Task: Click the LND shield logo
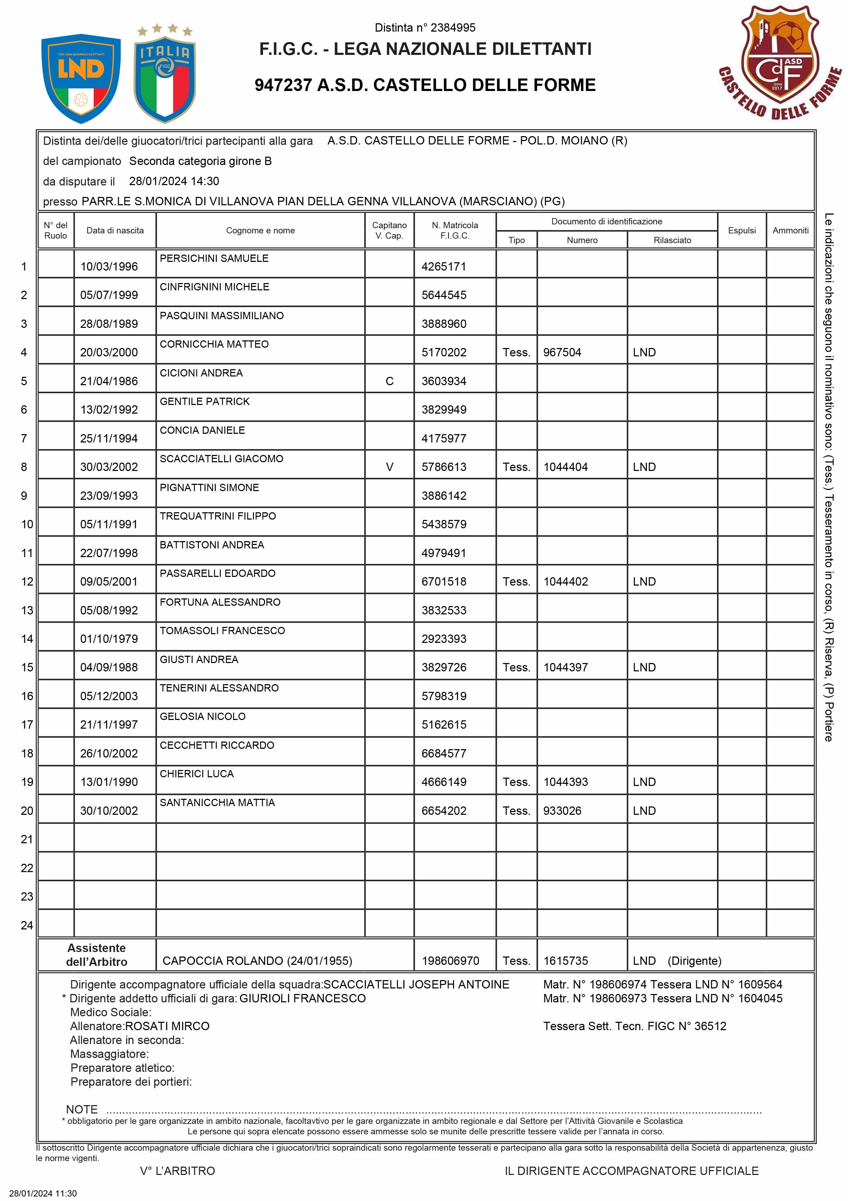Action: tap(81, 78)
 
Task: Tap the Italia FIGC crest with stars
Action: tap(165, 76)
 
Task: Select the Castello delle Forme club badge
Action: tap(780, 63)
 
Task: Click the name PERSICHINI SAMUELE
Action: tap(214, 258)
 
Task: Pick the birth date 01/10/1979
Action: tap(109, 639)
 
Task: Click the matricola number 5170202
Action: tap(444, 353)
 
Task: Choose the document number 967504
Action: tap(562, 353)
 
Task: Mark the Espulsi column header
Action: tap(741, 230)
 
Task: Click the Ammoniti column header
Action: tap(790, 230)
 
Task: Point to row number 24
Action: tap(27, 925)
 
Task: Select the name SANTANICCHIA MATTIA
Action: tap(217, 802)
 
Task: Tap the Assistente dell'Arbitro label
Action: tap(97, 955)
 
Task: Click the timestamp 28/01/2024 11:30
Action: tap(43, 1193)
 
